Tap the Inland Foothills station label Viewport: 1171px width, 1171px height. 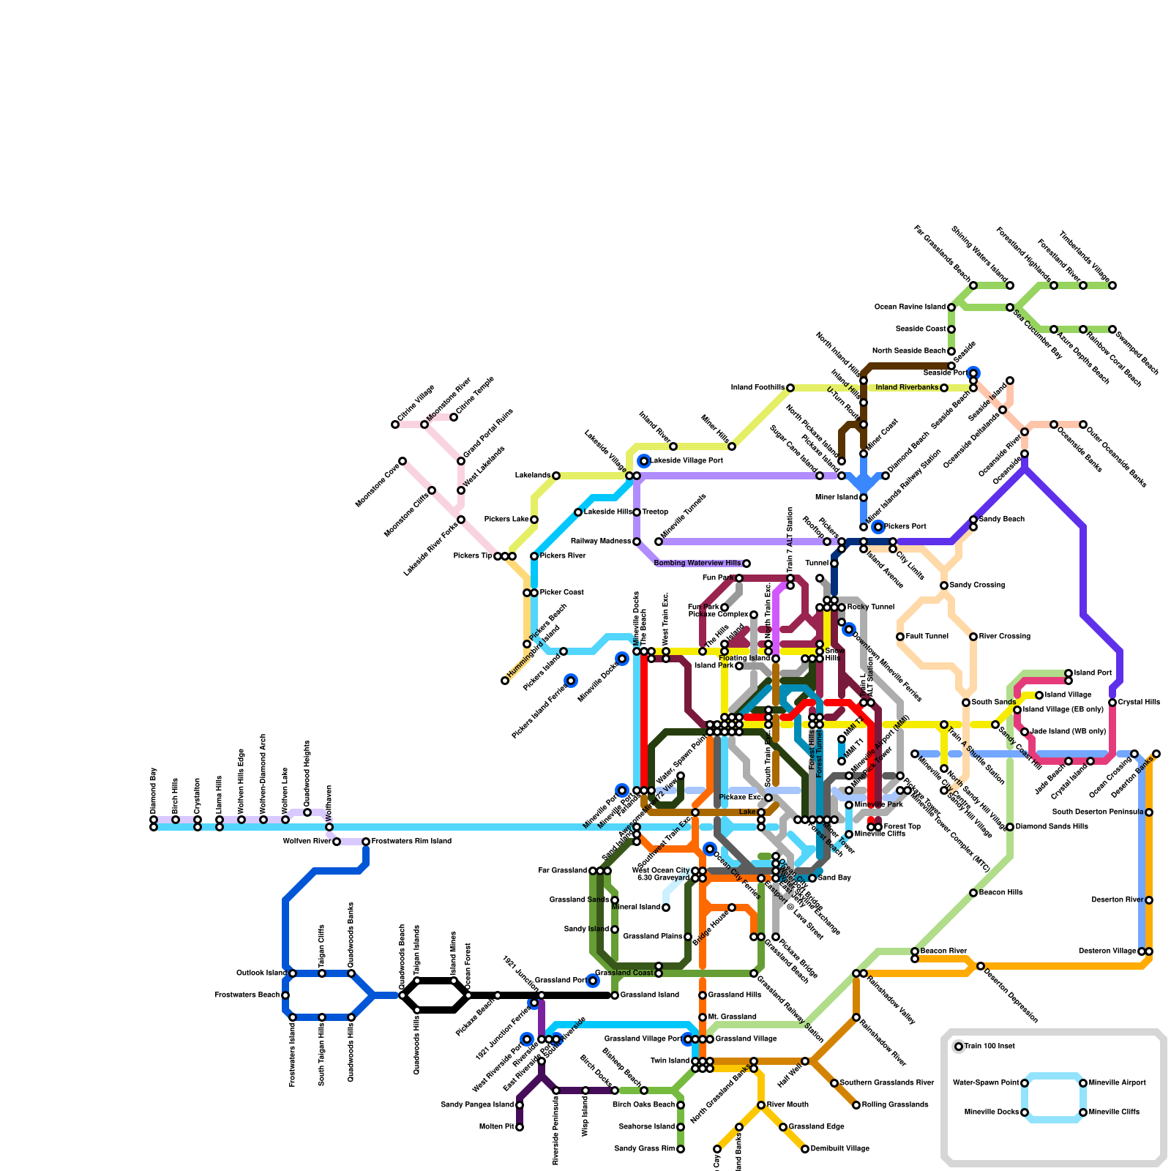click(757, 388)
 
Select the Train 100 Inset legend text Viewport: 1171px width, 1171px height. click(989, 1047)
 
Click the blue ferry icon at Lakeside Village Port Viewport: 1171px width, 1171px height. click(644, 460)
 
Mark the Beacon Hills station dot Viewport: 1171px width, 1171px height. click(973, 893)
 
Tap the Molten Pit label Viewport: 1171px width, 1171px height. click(497, 1127)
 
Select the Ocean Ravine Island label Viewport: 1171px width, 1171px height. click(910, 307)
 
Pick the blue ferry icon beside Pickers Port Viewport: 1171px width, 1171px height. click(878, 527)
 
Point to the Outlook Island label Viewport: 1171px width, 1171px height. click(261, 973)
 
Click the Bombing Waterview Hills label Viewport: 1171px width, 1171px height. click(697, 564)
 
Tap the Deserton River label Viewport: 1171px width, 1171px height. click(1117, 900)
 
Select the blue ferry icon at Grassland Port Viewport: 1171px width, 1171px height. click(593, 981)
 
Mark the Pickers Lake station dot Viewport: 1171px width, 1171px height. click(534, 520)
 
